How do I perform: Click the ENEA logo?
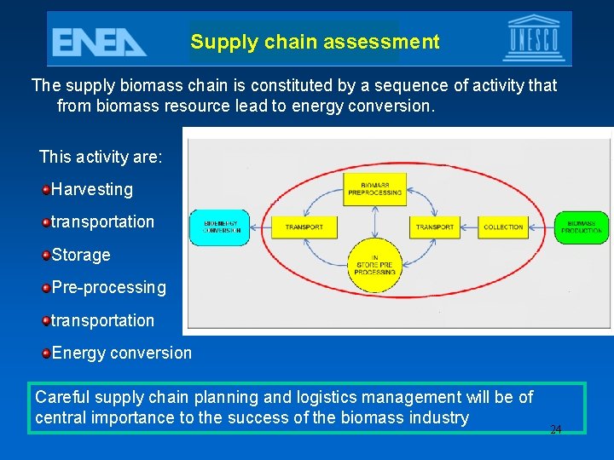99,40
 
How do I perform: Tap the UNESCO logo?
534,39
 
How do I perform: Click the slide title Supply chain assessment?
315,42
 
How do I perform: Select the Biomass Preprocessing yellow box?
375,188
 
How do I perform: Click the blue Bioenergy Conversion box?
220,227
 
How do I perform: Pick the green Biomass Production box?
582,227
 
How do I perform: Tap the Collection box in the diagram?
503,227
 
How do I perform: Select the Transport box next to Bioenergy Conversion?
304,227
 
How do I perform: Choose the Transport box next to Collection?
435,227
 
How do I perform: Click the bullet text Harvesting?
92,189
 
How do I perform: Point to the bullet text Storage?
81,255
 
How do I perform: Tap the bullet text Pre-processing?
109,287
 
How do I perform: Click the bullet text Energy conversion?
122,353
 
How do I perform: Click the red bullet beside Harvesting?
45,189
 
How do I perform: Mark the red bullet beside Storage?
45,255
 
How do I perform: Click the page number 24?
556,430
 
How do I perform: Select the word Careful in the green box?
61,397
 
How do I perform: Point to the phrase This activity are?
101,157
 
